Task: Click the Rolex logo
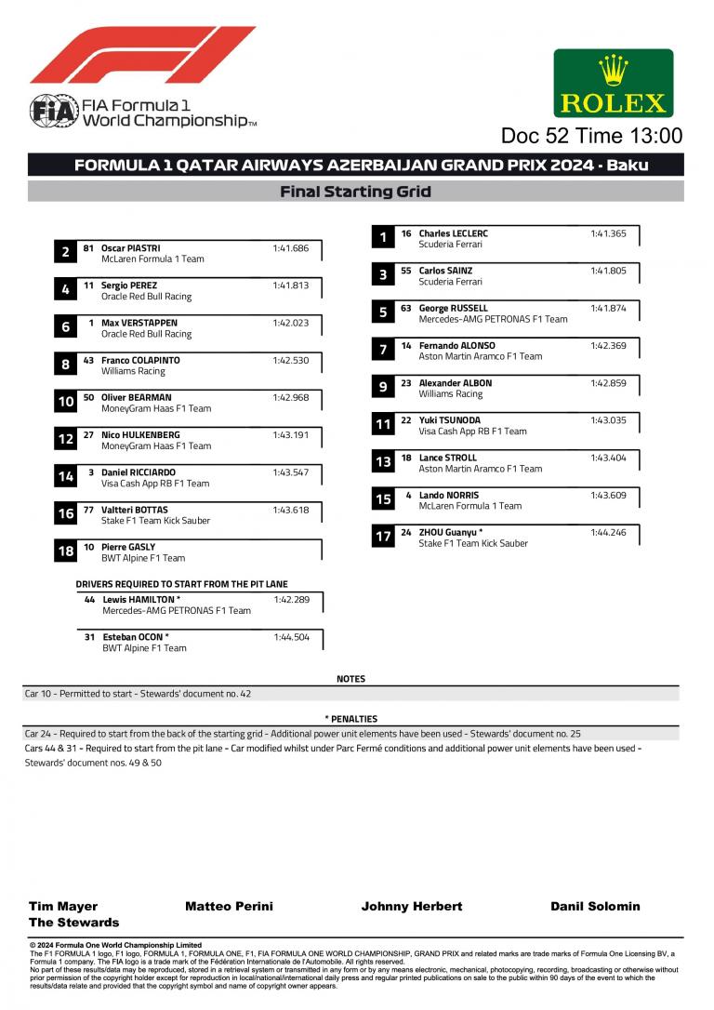pos(613,83)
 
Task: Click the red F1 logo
pos(141,55)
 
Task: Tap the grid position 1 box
pos(383,238)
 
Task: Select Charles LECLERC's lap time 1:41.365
pos(608,233)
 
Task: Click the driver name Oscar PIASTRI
pos(130,248)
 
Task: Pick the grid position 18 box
pos(65,552)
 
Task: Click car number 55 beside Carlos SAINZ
pos(406,271)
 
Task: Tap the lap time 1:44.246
pos(608,532)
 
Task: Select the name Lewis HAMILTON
pos(141,600)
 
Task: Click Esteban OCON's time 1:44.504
pos(291,637)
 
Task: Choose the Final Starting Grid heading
pos(355,192)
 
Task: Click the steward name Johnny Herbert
pos(411,906)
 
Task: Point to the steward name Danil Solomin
pos(595,906)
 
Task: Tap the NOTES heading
pos(350,679)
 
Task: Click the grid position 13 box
pos(383,462)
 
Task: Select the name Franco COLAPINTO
pos(140,360)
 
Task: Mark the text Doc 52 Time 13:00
pos(591,136)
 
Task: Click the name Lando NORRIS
pos(449,495)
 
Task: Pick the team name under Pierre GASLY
pos(143,558)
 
